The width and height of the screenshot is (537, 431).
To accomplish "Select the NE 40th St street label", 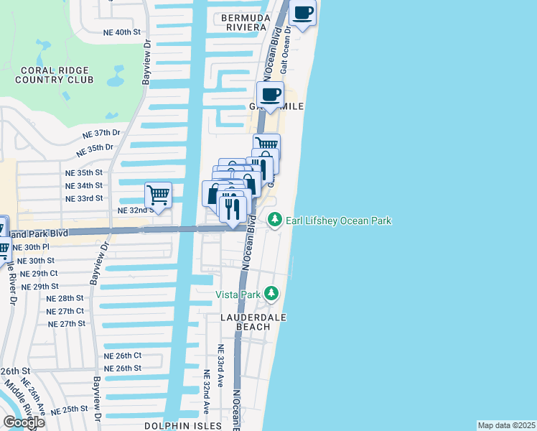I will (122, 32).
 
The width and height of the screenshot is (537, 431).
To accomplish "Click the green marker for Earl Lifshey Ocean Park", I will (274, 221).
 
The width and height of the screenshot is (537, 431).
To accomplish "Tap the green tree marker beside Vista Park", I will (271, 293).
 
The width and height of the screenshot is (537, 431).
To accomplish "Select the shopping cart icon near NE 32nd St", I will (158, 195).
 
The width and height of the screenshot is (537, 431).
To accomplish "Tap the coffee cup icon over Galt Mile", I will (271, 95).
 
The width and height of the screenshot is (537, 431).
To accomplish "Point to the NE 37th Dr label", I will (101, 134).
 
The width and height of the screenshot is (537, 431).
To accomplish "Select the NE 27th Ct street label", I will (65, 311).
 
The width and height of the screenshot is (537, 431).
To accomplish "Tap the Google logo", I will (23, 422).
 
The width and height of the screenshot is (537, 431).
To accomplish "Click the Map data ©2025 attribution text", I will (506, 425).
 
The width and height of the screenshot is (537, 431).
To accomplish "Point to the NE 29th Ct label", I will (39, 274).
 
